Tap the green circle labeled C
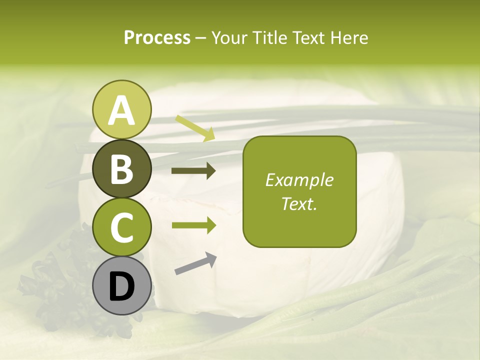[122, 227]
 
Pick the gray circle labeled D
[122, 286]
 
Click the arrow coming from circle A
[195, 128]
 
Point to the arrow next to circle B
[193, 171]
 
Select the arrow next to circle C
[193, 225]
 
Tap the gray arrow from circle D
[195, 264]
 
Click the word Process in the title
[157, 37]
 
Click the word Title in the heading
[270, 37]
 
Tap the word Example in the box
[299, 180]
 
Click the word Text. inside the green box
[299, 203]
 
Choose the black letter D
[122, 286]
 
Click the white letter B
[122, 169]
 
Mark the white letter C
[122, 227]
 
